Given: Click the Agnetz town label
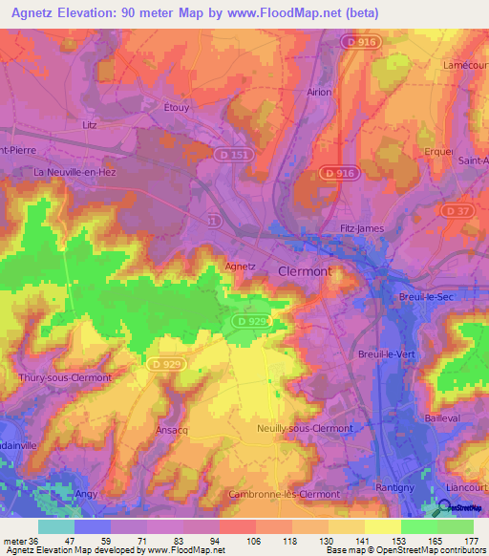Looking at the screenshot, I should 242,267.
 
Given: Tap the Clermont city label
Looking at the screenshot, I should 305,271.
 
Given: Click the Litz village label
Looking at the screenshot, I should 92,125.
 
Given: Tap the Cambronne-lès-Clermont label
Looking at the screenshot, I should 284,494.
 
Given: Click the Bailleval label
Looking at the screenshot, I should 442,419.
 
